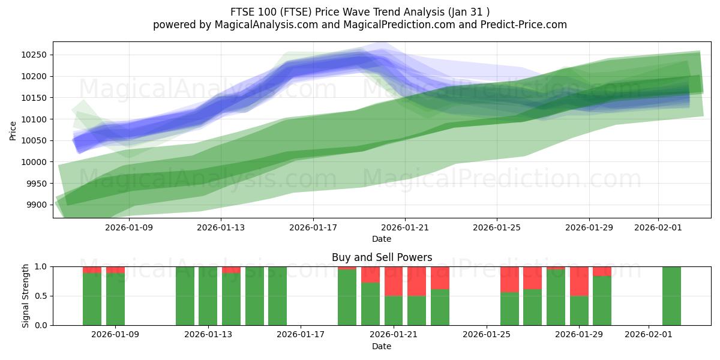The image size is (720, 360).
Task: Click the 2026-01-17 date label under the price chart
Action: click(x=313, y=227)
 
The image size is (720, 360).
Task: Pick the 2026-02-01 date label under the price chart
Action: click(x=658, y=227)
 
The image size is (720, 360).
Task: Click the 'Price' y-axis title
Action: click(x=13, y=130)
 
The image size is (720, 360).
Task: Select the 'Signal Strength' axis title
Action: click(x=26, y=296)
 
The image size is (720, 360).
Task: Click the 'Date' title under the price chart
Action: click(x=382, y=239)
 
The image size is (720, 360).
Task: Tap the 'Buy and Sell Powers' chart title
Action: click(x=382, y=257)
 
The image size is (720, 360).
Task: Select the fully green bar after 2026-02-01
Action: click(x=671, y=296)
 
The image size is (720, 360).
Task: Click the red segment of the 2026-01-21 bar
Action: click(x=394, y=281)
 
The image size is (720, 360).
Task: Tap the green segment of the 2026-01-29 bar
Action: click(x=579, y=310)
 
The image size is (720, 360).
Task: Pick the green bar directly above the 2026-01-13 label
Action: click(x=208, y=296)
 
